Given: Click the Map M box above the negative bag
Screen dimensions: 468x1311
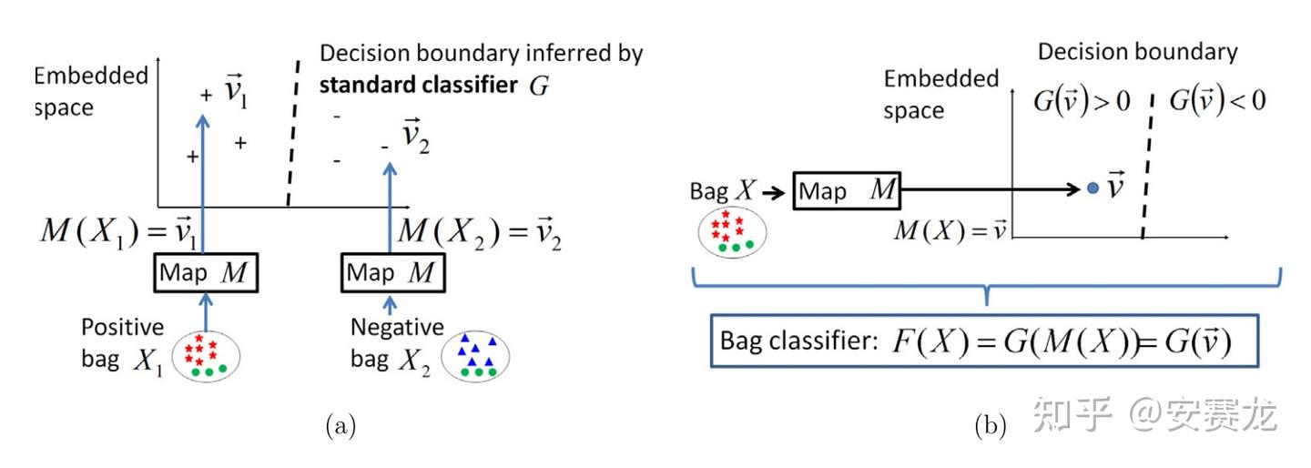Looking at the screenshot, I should pos(392,271).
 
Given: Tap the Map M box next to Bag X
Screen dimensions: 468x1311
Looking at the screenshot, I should pos(847,190).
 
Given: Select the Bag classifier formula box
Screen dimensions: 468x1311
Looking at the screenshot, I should pos(984,341).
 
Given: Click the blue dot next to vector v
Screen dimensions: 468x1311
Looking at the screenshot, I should pos(1092,188).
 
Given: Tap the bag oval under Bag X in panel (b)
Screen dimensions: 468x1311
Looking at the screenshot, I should pos(732,229).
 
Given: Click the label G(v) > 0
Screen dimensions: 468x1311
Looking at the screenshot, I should pos(1081,101).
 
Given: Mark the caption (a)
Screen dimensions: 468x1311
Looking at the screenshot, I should pos(340,426).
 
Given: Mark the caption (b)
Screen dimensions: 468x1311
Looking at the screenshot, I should pos(990,426).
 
